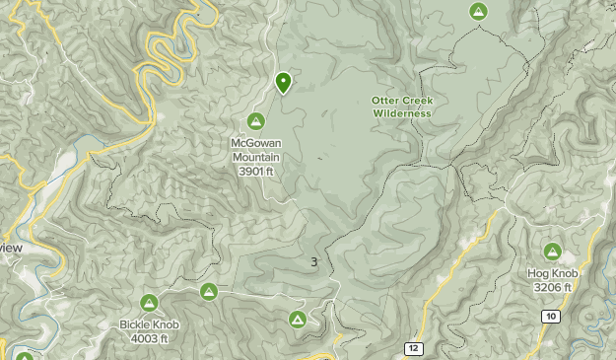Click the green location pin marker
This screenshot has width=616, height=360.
click(283, 82)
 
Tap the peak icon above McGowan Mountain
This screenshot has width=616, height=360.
click(255, 121)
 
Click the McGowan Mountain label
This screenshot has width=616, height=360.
click(255, 150)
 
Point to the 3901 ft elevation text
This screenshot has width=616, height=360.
click(255, 171)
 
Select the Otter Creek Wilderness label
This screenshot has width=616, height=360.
click(402, 107)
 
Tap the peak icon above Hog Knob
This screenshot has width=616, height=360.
click(552, 252)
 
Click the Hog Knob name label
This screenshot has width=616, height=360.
click(553, 273)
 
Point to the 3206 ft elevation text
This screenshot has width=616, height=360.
click(553, 287)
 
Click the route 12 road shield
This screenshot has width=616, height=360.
click(413, 349)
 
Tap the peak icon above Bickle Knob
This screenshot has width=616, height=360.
click(149, 303)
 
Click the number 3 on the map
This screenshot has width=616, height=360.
click(313, 261)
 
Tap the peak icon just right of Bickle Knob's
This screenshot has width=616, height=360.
click(208, 291)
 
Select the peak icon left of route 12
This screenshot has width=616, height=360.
click(297, 320)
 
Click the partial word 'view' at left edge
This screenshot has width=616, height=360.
click(11, 249)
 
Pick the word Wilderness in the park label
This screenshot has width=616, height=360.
click(402, 113)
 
